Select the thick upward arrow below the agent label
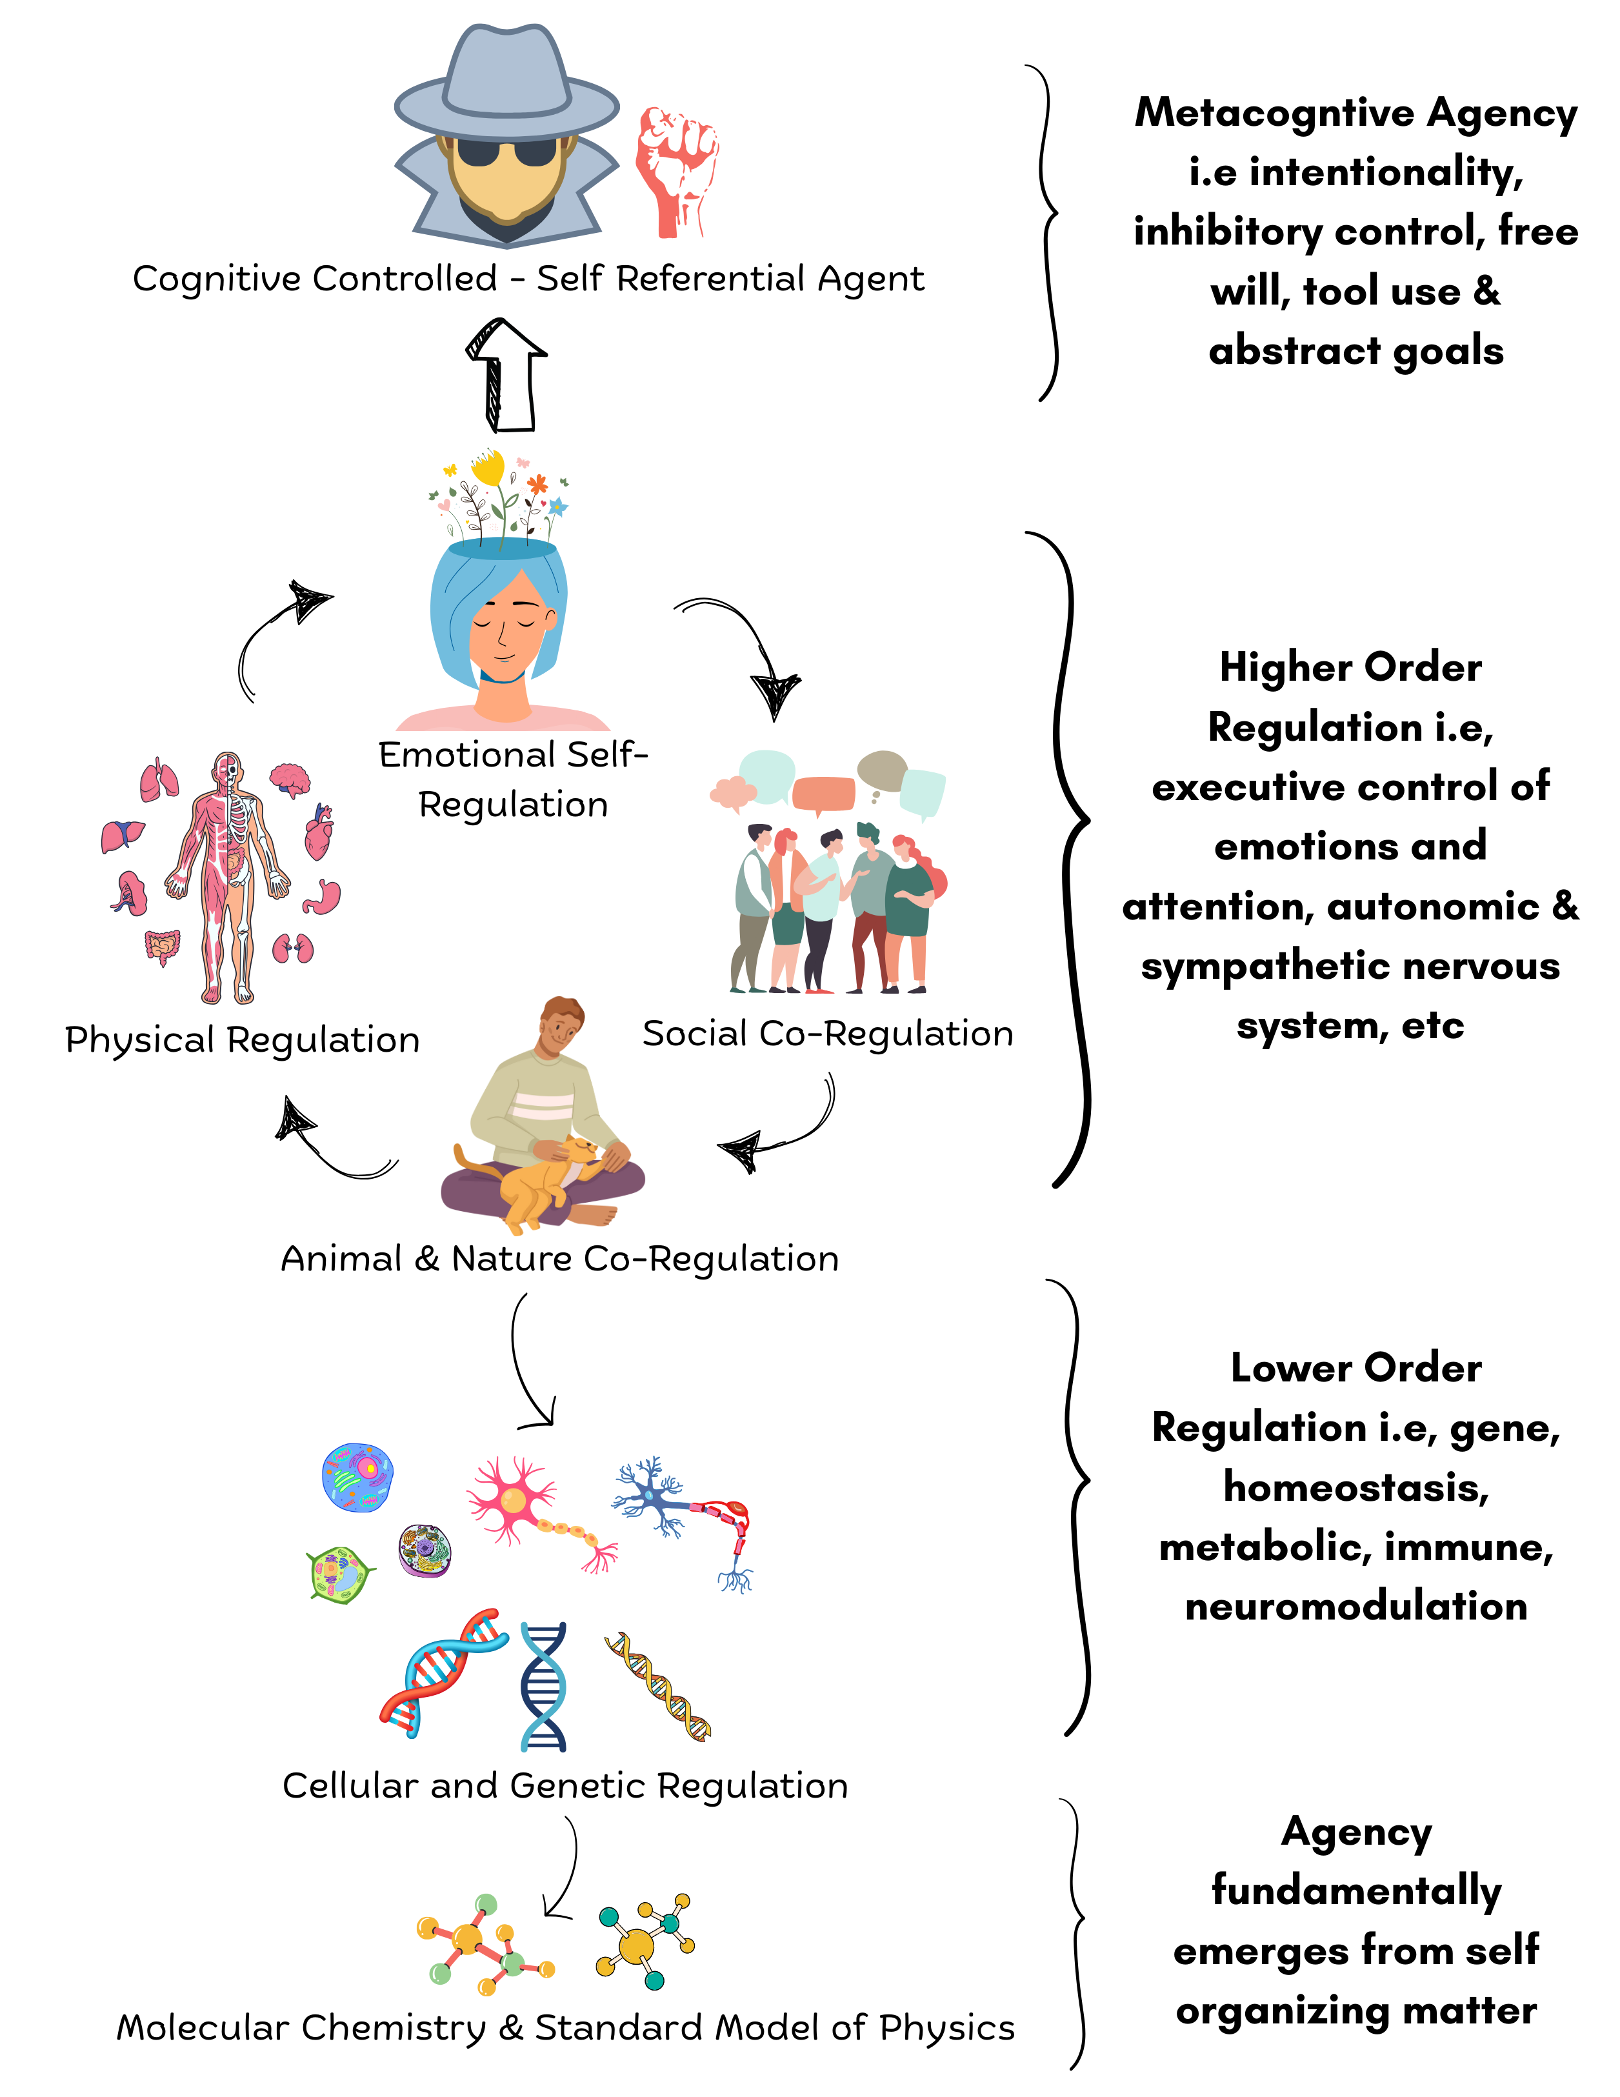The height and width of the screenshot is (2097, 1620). [x=506, y=374]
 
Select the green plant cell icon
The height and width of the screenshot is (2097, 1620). [x=338, y=1574]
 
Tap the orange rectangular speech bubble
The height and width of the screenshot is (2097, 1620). [x=823, y=793]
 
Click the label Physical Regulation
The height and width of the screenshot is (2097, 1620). [x=242, y=1040]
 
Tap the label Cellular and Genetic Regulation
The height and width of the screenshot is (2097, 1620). [x=565, y=1786]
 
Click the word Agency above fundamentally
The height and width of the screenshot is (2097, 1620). [x=1356, y=1832]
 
